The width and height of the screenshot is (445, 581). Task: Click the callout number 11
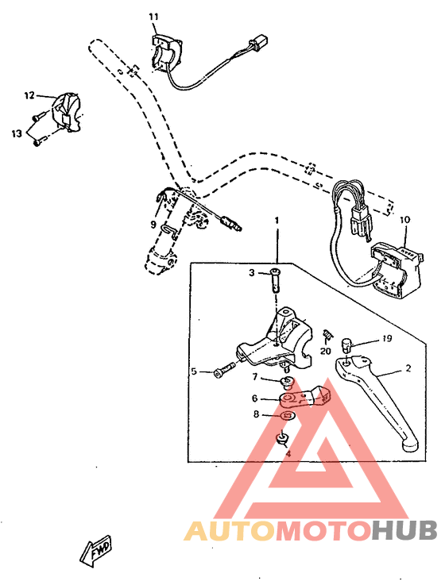coord(153,17)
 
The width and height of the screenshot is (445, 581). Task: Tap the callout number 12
coord(29,96)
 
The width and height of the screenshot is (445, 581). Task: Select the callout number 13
coord(17,133)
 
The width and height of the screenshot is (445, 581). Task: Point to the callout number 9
coord(153,225)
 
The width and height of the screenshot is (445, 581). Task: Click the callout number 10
coord(405,219)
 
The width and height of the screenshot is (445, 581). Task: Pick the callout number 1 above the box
coord(277,219)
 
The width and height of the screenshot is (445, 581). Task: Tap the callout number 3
coord(251,273)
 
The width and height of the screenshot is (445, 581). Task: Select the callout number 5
coord(193,371)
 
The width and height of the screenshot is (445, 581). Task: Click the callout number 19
coord(387,338)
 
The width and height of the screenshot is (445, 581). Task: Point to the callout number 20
coord(325,351)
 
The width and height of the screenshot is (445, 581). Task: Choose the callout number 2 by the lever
coord(409,369)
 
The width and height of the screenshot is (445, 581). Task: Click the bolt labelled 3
coord(275,279)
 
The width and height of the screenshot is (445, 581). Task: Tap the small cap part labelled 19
coord(346,344)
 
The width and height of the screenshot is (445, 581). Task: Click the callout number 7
coord(255,377)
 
